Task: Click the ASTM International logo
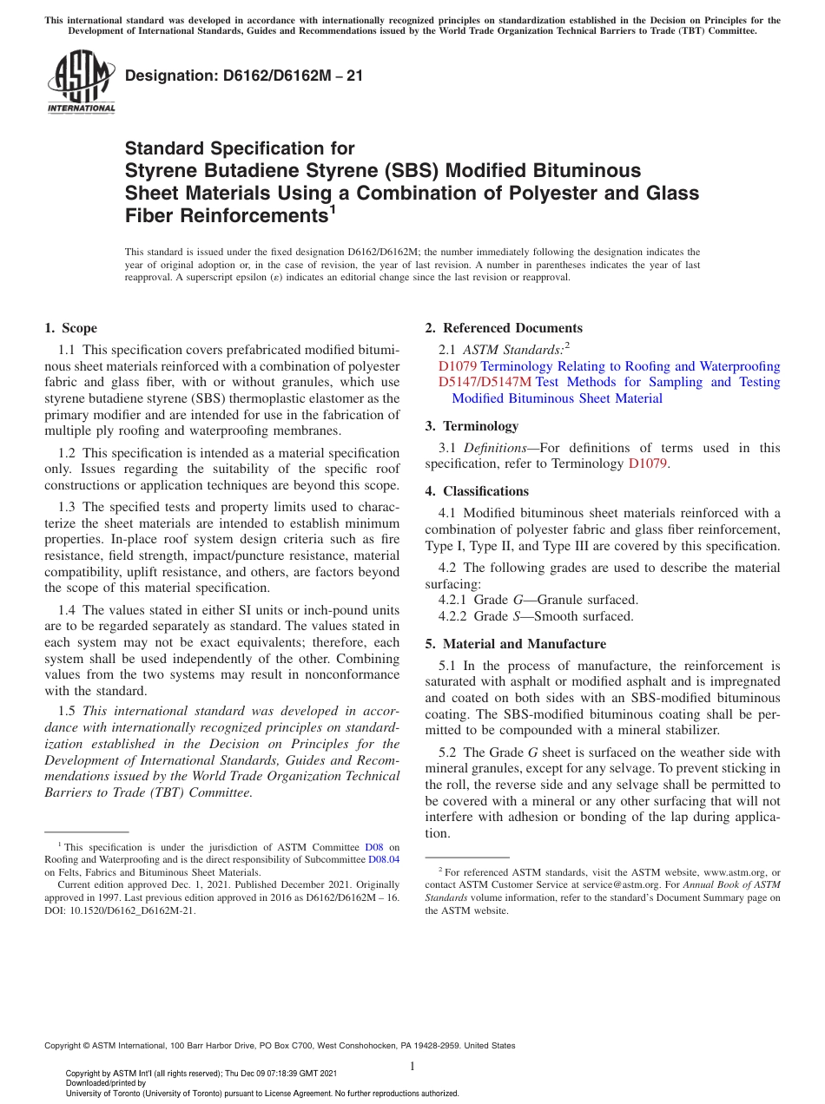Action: [x=81, y=82]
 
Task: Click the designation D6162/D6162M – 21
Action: [x=244, y=76]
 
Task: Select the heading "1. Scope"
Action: [x=70, y=328]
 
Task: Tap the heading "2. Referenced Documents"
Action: [x=504, y=328]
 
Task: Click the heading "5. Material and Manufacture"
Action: [x=515, y=644]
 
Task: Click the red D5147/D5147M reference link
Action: [x=485, y=382]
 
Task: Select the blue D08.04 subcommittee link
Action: [x=384, y=859]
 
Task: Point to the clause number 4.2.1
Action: [x=454, y=600]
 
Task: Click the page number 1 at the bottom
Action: [x=412, y=1066]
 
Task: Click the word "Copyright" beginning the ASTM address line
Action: [x=64, y=1046]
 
